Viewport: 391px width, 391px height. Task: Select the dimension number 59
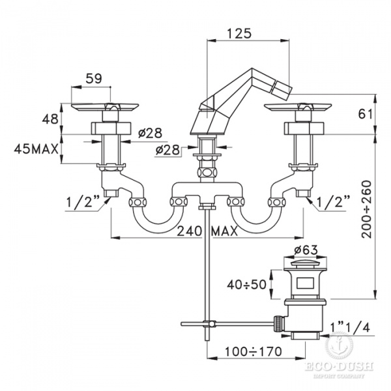coord(94,78)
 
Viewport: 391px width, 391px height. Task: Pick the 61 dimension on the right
coord(366,114)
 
